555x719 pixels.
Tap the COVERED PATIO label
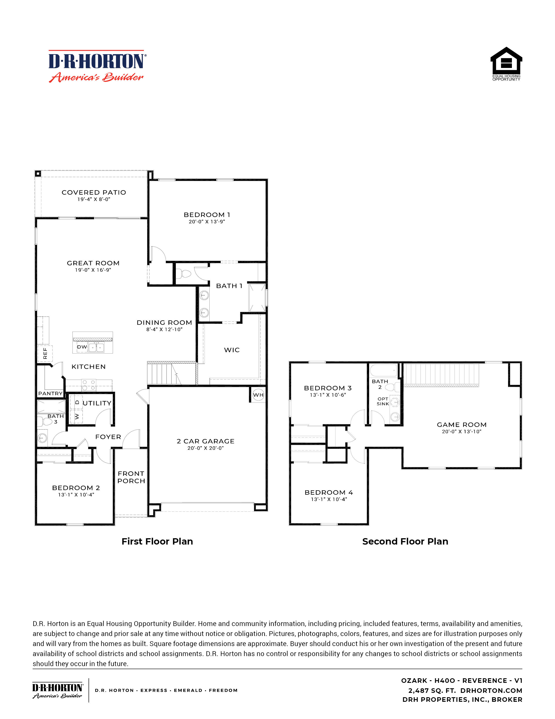pos(94,192)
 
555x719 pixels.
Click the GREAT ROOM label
pos(93,263)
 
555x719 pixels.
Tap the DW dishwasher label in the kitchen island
pos(82,347)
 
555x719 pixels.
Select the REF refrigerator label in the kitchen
pos(45,354)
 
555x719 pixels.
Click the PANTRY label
pos(50,393)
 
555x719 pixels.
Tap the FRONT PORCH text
pos(131,477)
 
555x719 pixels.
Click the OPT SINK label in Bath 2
pos(383,401)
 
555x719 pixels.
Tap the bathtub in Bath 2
pos(383,371)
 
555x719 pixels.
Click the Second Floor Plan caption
pos(405,541)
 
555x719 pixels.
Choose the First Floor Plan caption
pos(157,541)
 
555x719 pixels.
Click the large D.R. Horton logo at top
pos(96,66)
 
